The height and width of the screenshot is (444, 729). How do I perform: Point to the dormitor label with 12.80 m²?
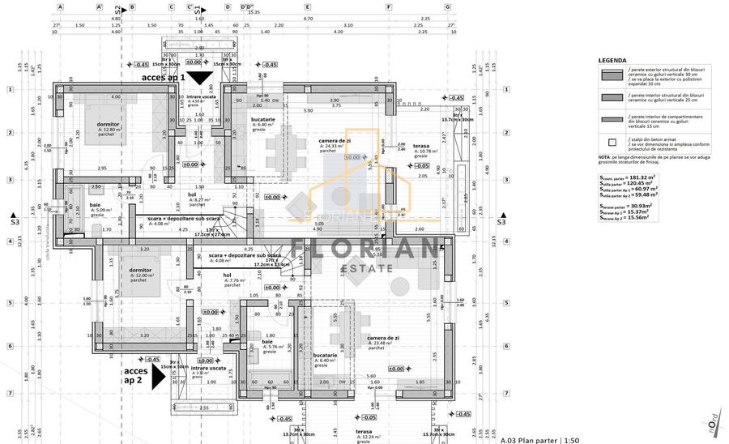pyautogui.click(x=109, y=125)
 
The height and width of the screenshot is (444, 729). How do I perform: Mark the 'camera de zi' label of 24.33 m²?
pyautogui.click(x=334, y=141)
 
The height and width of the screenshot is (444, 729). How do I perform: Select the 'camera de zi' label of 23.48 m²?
pyautogui.click(x=382, y=339)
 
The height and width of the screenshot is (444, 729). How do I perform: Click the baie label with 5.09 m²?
pyautogui.click(x=96, y=206)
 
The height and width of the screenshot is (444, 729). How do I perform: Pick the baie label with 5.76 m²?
pyautogui.click(x=267, y=342)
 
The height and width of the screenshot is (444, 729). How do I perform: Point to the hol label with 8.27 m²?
pyautogui.click(x=193, y=194)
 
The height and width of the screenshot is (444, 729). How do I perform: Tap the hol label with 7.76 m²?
pyautogui.click(x=228, y=275)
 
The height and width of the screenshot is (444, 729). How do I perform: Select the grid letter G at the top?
pyautogui.click(x=448, y=6)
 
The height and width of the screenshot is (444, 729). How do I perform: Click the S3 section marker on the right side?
pyautogui.click(x=501, y=221)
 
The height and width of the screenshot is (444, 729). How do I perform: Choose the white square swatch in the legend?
pyautogui.click(x=609, y=141)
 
